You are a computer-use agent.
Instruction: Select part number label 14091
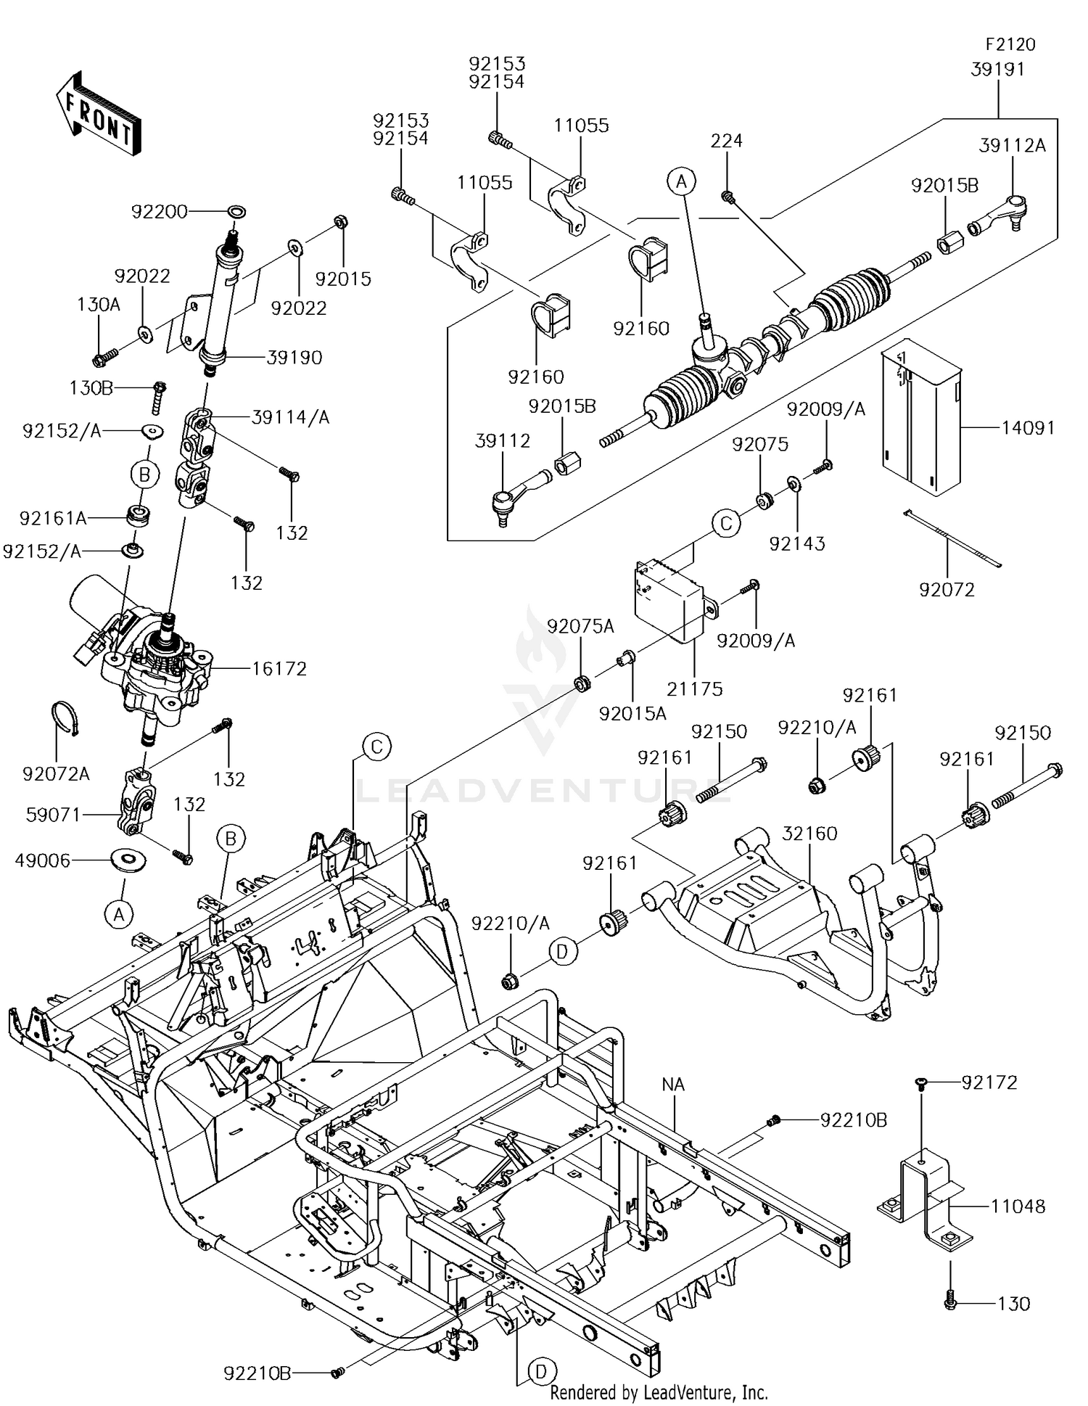[1028, 427]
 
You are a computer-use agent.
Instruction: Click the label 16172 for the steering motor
[279, 667]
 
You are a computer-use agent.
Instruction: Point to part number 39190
[294, 357]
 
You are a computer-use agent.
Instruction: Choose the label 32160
[809, 833]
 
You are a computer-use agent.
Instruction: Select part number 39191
[998, 69]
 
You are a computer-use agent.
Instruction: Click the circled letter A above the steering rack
[682, 182]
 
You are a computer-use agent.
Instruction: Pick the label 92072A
[57, 774]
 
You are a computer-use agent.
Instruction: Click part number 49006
[43, 860]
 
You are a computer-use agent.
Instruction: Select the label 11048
[1018, 1206]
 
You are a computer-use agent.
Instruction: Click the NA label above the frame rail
[674, 1084]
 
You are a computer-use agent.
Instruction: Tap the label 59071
[54, 814]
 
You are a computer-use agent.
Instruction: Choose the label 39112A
[1013, 145]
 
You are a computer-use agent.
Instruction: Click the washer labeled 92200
[236, 212]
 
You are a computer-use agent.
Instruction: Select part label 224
[727, 140]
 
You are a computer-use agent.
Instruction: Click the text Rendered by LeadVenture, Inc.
[659, 1392]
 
